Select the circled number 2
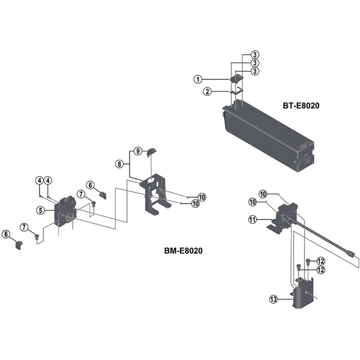tap(207, 92)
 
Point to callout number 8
tap(119, 164)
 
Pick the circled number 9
tap(138, 150)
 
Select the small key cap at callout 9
tap(152, 151)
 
